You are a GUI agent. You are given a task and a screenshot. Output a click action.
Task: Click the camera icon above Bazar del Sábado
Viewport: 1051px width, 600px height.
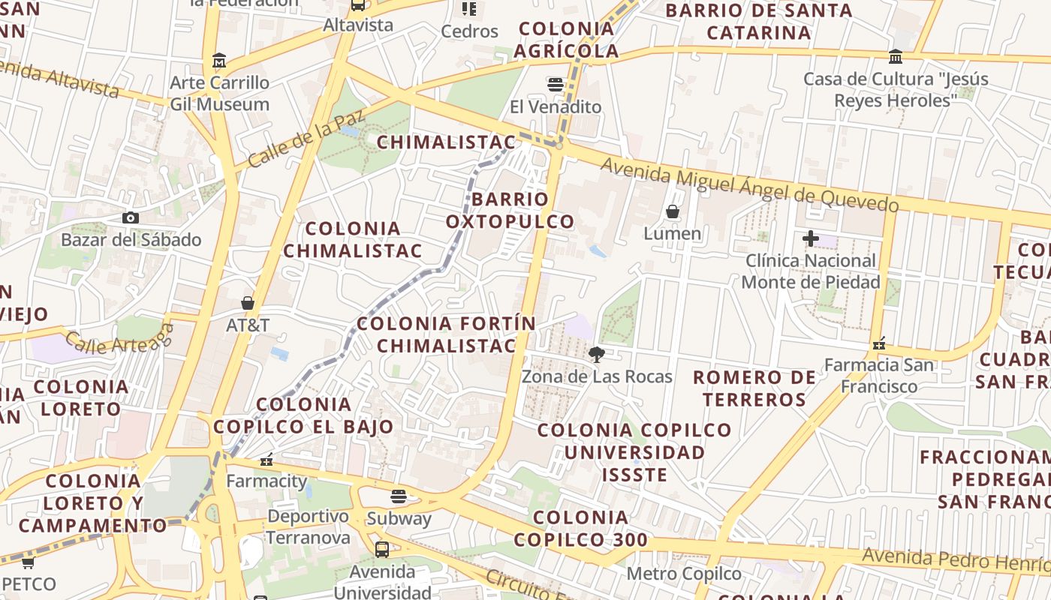131,217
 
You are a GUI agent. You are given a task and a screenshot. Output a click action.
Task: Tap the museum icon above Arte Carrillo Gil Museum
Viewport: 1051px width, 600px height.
219,60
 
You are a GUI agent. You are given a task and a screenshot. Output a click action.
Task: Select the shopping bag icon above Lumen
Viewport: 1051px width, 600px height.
673,211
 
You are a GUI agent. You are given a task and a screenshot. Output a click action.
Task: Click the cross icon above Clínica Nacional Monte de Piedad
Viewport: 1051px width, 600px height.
810,238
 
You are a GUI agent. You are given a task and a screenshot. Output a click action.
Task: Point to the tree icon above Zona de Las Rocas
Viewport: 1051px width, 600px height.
597,354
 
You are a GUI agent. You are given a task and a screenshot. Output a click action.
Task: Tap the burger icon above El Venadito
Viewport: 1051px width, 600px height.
556,85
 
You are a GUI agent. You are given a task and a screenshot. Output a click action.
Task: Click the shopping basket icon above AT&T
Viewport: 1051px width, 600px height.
248,303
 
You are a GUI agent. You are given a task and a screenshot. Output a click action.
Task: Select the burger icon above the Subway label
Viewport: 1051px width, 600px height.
399,496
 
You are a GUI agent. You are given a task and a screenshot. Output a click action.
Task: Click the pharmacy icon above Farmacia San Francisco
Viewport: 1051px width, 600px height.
879,343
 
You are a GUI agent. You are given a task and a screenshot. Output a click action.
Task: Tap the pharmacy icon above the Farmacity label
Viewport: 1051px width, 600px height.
266,459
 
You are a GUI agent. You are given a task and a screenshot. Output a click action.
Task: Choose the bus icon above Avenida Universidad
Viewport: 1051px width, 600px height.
382,550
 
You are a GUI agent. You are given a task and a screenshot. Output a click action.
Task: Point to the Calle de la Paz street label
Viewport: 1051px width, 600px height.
306,139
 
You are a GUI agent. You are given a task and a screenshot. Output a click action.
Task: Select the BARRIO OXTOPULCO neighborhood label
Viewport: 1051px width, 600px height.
510,210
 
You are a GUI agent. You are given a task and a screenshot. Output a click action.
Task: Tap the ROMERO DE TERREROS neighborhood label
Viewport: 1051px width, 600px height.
754,388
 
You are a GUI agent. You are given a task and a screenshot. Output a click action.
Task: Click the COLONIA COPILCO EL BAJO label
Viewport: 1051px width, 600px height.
303,415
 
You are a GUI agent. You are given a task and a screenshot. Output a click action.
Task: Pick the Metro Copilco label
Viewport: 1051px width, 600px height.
683,574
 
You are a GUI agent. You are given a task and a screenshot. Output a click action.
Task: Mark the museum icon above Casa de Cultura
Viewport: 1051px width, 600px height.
895,57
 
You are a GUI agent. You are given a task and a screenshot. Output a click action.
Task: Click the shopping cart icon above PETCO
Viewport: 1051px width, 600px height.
28,562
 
